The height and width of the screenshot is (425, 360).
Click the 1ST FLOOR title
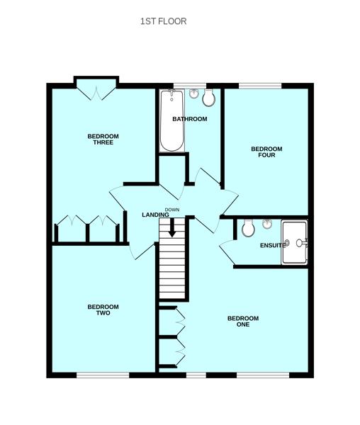[x=163, y=21]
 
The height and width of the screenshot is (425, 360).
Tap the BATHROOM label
[x=190, y=119]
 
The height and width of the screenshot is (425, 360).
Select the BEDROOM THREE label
[x=103, y=140]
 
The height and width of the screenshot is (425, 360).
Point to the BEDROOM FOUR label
[x=266, y=152]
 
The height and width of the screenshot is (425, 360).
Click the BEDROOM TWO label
[x=103, y=310]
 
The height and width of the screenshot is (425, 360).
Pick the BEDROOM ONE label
[x=243, y=321]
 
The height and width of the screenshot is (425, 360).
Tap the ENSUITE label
[x=273, y=245]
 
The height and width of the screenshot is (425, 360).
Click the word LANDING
[x=156, y=215]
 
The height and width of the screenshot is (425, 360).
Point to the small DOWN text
[x=172, y=210]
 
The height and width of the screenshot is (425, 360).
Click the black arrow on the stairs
[x=172, y=227]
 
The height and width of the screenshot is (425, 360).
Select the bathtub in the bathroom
[x=172, y=120]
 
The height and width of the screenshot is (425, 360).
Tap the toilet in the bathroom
[x=209, y=97]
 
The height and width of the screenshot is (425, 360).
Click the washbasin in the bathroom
[x=193, y=93]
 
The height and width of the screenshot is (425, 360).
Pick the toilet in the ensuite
[x=248, y=228]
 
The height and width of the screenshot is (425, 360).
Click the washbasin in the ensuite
[x=267, y=224]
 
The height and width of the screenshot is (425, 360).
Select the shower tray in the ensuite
[x=295, y=242]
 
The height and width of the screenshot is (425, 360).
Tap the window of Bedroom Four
[x=260, y=86]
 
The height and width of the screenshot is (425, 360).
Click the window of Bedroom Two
[x=103, y=375]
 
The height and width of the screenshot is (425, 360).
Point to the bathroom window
[x=190, y=86]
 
